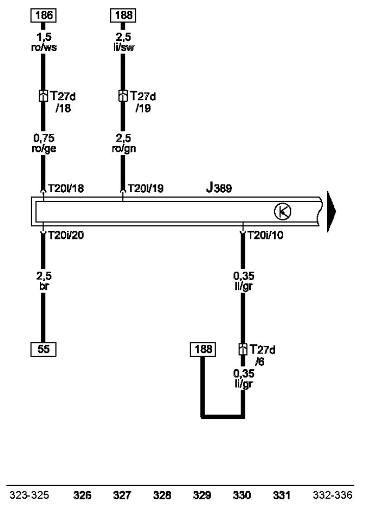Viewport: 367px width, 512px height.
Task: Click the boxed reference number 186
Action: (43, 15)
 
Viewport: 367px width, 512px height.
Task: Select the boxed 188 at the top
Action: (123, 15)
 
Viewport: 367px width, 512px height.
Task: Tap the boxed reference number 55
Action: (43, 349)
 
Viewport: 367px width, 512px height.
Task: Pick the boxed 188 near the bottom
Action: (203, 349)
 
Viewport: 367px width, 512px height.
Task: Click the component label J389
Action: (219, 188)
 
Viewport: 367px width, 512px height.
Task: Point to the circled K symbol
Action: (283, 211)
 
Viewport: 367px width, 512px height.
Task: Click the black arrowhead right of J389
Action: (331, 211)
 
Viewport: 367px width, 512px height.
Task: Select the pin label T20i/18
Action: (66, 188)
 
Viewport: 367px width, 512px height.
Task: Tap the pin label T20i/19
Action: (146, 188)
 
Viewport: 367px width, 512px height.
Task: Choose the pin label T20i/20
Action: (66, 235)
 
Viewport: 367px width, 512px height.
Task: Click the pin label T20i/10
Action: (266, 235)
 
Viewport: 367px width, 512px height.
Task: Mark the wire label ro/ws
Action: (44, 47)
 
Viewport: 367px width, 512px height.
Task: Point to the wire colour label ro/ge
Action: (44, 149)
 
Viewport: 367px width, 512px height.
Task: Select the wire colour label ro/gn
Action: (123, 149)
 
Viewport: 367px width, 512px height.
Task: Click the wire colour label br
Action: (43, 286)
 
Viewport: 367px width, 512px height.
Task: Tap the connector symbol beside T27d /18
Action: (43, 96)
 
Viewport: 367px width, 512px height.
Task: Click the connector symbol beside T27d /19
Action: (123, 96)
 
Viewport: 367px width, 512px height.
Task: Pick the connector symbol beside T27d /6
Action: (243, 349)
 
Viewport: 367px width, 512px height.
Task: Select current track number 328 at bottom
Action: (162, 495)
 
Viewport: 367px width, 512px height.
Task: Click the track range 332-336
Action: (333, 495)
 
